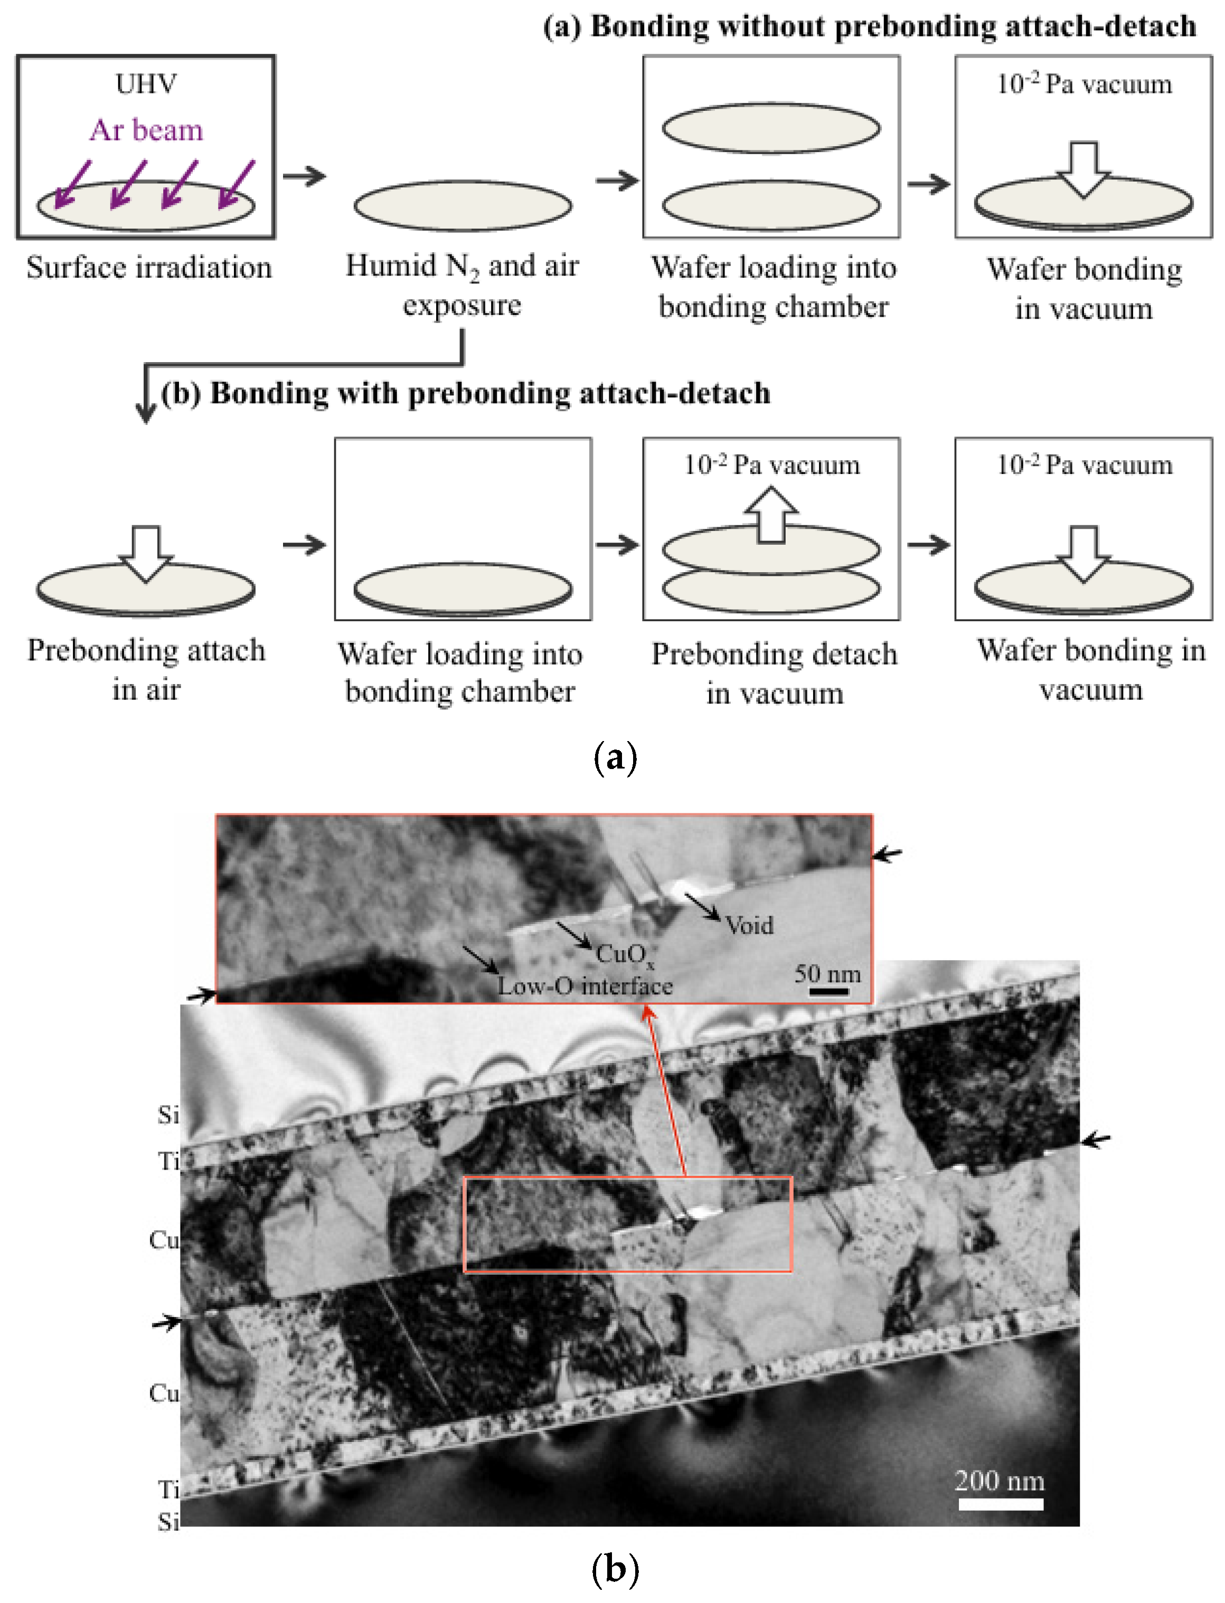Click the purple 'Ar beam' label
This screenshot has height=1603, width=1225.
147,130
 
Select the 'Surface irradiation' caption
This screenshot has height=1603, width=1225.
149,268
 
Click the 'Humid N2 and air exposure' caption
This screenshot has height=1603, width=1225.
463,285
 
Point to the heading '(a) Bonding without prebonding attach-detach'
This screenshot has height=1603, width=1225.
869,26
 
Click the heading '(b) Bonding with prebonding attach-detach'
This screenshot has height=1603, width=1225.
465,393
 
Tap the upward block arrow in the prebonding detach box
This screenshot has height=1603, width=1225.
771,515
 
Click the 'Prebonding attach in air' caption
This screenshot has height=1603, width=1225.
146,669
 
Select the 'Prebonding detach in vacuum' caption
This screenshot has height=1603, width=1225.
774,673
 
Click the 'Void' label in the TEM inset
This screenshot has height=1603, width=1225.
749,926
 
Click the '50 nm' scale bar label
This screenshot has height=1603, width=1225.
827,974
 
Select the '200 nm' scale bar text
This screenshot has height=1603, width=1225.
1000,1481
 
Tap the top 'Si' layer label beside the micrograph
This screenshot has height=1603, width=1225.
168,1115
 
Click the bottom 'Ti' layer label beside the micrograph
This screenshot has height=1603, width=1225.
168,1490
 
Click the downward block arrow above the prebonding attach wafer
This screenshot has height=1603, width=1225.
146,553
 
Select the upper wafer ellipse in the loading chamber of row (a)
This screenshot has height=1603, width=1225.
771,128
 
